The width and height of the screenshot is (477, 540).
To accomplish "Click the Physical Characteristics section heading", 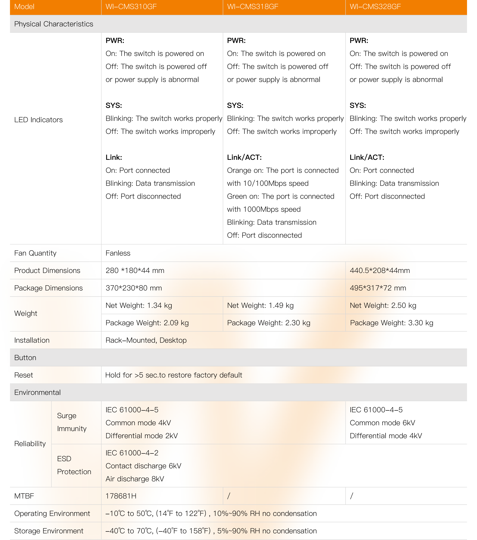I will point(54,24).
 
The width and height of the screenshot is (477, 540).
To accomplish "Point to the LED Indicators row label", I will point(38,120).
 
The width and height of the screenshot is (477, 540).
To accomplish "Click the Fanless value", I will point(118,253).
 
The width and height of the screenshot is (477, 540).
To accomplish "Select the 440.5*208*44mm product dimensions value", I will point(380,271).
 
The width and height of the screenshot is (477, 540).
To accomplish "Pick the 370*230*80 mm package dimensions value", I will point(134,288).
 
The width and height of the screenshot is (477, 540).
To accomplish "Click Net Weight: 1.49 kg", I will point(260,305).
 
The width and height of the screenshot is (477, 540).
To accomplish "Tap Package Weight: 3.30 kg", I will point(391,323).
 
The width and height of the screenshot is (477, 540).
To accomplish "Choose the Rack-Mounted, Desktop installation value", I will point(146,340).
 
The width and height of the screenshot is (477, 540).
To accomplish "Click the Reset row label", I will point(24,375).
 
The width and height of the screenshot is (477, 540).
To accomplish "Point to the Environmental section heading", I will point(37,393).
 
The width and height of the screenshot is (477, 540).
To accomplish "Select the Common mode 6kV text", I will point(382,423).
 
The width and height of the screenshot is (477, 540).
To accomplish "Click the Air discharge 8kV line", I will point(135,479).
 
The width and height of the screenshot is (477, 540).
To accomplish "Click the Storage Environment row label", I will point(49,531).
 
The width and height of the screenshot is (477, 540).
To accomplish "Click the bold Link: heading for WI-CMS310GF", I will point(114,157).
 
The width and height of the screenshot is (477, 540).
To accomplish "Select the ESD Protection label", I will point(74,465).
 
